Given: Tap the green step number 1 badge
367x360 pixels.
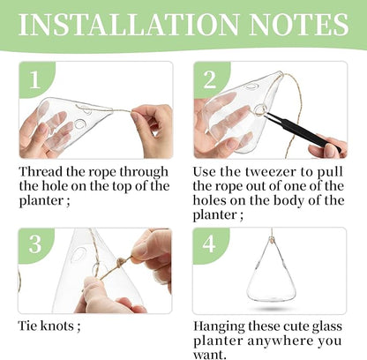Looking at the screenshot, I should coord(34,80).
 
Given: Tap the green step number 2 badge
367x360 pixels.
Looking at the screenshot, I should coord(209,80).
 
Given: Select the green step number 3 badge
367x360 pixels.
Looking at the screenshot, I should coord(34,244).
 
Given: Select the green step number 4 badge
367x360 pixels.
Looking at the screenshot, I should coord(209,244).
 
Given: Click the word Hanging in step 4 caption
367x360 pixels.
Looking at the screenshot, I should coord(221,326).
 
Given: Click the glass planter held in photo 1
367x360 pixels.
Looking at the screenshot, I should coord(66,124).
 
